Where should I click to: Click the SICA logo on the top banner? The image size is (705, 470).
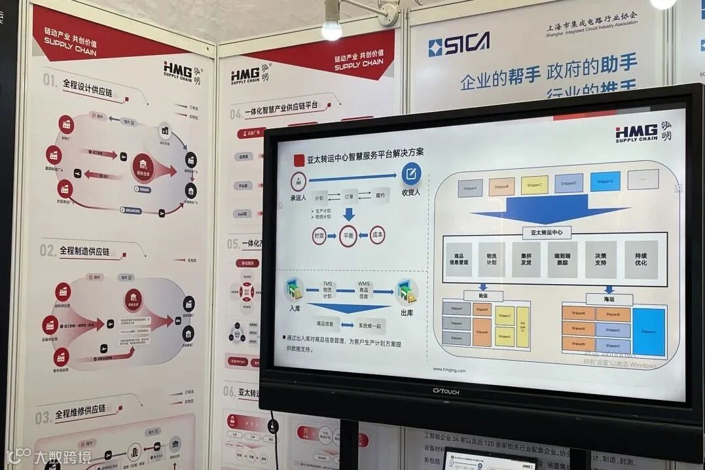(458, 45)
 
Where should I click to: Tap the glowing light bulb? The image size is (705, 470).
(332, 28)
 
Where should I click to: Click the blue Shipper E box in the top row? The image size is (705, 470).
(605, 181)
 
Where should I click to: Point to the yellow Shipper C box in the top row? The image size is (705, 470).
(534, 185)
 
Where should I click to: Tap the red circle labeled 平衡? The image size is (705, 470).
(348, 236)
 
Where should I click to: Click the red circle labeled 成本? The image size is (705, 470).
(377, 234)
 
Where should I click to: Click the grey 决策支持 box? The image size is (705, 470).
(600, 259)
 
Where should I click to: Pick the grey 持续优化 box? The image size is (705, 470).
(640, 259)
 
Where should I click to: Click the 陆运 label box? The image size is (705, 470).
(483, 296)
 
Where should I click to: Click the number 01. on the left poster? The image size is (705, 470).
(50, 79)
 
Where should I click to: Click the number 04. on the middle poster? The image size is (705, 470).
(236, 113)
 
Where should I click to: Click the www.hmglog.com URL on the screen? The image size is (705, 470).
(449, 371)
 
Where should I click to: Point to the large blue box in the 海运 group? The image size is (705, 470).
(648, 331)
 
